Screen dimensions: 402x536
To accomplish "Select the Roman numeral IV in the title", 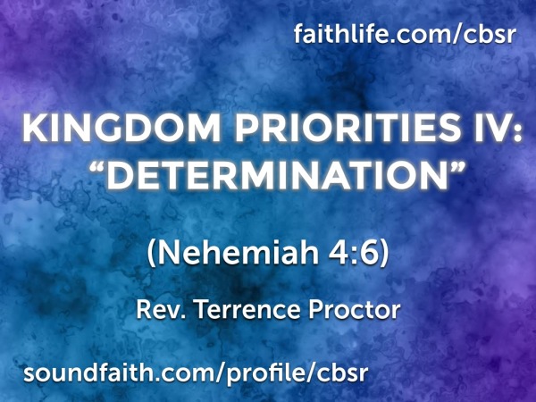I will (x=481, y=130).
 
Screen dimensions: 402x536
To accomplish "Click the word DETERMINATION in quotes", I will (x=267, y=174).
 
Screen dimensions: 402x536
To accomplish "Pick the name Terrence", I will (x=234, y=311).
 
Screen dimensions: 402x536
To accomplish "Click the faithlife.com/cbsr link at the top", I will (x=407, y=36).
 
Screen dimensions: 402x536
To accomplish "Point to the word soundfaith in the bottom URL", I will (x=78, y=369).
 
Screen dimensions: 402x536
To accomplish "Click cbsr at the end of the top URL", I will (x=496, y=37).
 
